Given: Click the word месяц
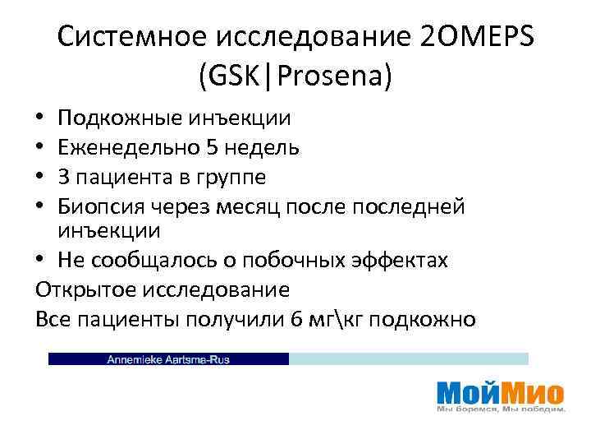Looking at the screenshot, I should tap(257, 206).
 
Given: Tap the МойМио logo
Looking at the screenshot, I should tap(500, 391).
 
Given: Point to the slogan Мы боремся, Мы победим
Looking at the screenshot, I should tap(500, 409).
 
